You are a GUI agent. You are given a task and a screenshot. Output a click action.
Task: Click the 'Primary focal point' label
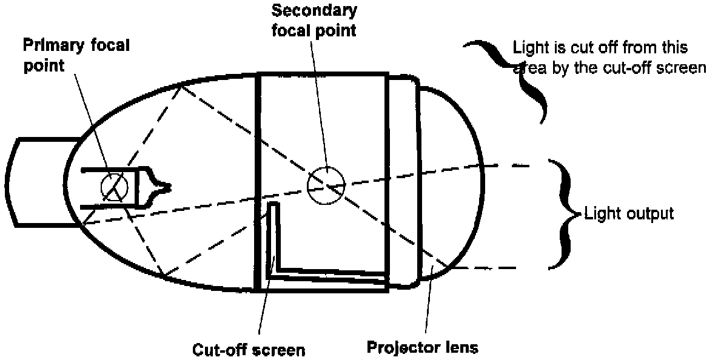click(x=76, y=55)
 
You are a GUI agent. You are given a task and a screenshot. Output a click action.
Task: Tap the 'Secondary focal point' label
click(x=314, y=19)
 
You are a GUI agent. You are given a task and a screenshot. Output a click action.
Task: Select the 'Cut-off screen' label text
click(x=249, y=350)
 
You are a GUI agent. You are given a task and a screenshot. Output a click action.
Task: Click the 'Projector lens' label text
click(x=423, y=348)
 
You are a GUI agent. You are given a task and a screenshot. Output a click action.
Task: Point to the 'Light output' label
click(x=628, y=213)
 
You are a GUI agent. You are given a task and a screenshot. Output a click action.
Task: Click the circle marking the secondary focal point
click(x=326, y=185)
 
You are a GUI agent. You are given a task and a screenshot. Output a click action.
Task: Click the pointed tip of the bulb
click(x=169, y=186)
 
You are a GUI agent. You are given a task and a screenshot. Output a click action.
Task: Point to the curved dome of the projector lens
click(x=467, y=182)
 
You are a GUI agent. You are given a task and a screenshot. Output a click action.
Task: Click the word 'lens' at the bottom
click(x=460, y=348)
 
